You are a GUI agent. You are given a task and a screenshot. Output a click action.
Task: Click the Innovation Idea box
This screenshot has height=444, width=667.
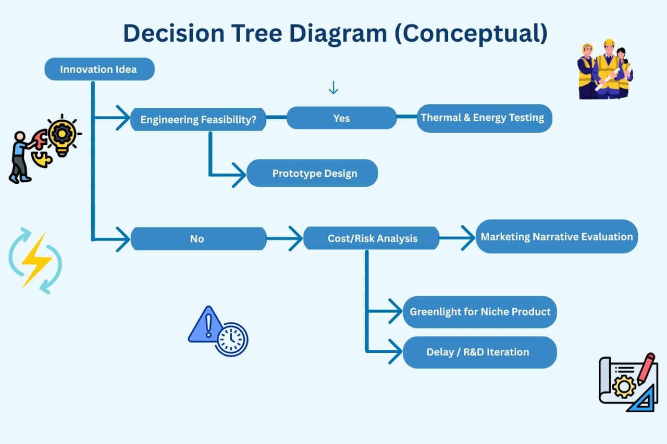coord(99,69)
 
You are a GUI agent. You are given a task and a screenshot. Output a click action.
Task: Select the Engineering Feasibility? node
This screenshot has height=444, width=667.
coord(198,120)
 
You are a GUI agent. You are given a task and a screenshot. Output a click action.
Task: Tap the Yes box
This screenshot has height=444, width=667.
coord(341,118)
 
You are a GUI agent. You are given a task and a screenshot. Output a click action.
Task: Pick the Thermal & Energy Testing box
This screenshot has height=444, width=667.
coord(484,118)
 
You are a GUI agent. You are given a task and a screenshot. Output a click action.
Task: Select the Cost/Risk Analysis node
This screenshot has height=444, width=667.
coord(372,238)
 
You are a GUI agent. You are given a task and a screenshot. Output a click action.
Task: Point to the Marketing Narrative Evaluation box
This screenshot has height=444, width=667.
coord(556,237)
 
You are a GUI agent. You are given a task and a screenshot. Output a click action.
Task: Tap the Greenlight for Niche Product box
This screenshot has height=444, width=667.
coord(479,312)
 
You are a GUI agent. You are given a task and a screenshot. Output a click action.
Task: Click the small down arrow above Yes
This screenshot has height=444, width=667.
coord(333,88)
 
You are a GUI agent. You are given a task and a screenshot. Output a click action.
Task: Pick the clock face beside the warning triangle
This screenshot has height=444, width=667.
coord(231,339)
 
